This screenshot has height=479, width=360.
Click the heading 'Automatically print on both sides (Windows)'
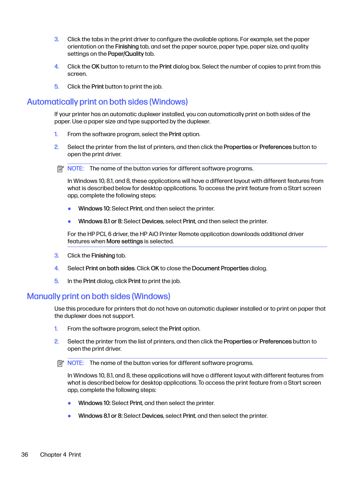tap(107, 102)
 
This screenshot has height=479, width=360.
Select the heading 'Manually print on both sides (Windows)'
tap(98, 296)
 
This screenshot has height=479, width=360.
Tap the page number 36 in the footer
tap(25, 455)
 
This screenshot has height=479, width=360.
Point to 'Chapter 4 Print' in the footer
tap(60, 455)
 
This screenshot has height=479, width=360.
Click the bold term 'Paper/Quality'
tap(126, 54)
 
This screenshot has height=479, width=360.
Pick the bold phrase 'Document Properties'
tap(220, 268)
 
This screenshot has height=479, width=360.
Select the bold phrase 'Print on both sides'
tap(110, 268)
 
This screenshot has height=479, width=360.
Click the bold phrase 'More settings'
tap(125, 241)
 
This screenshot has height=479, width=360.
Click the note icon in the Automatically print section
tap(60, 169)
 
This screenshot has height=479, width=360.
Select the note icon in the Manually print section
tap(60, 363)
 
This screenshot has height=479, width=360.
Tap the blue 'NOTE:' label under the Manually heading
tap(75, 363)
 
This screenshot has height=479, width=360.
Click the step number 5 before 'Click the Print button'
tap(57, 87)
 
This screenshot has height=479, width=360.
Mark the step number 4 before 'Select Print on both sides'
tap(57, 268)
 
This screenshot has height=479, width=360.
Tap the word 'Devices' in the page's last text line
tap(152, 416)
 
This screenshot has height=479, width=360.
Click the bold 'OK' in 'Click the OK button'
tap(96, 66)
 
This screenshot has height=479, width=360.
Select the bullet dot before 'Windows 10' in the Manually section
tap(69, 403)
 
